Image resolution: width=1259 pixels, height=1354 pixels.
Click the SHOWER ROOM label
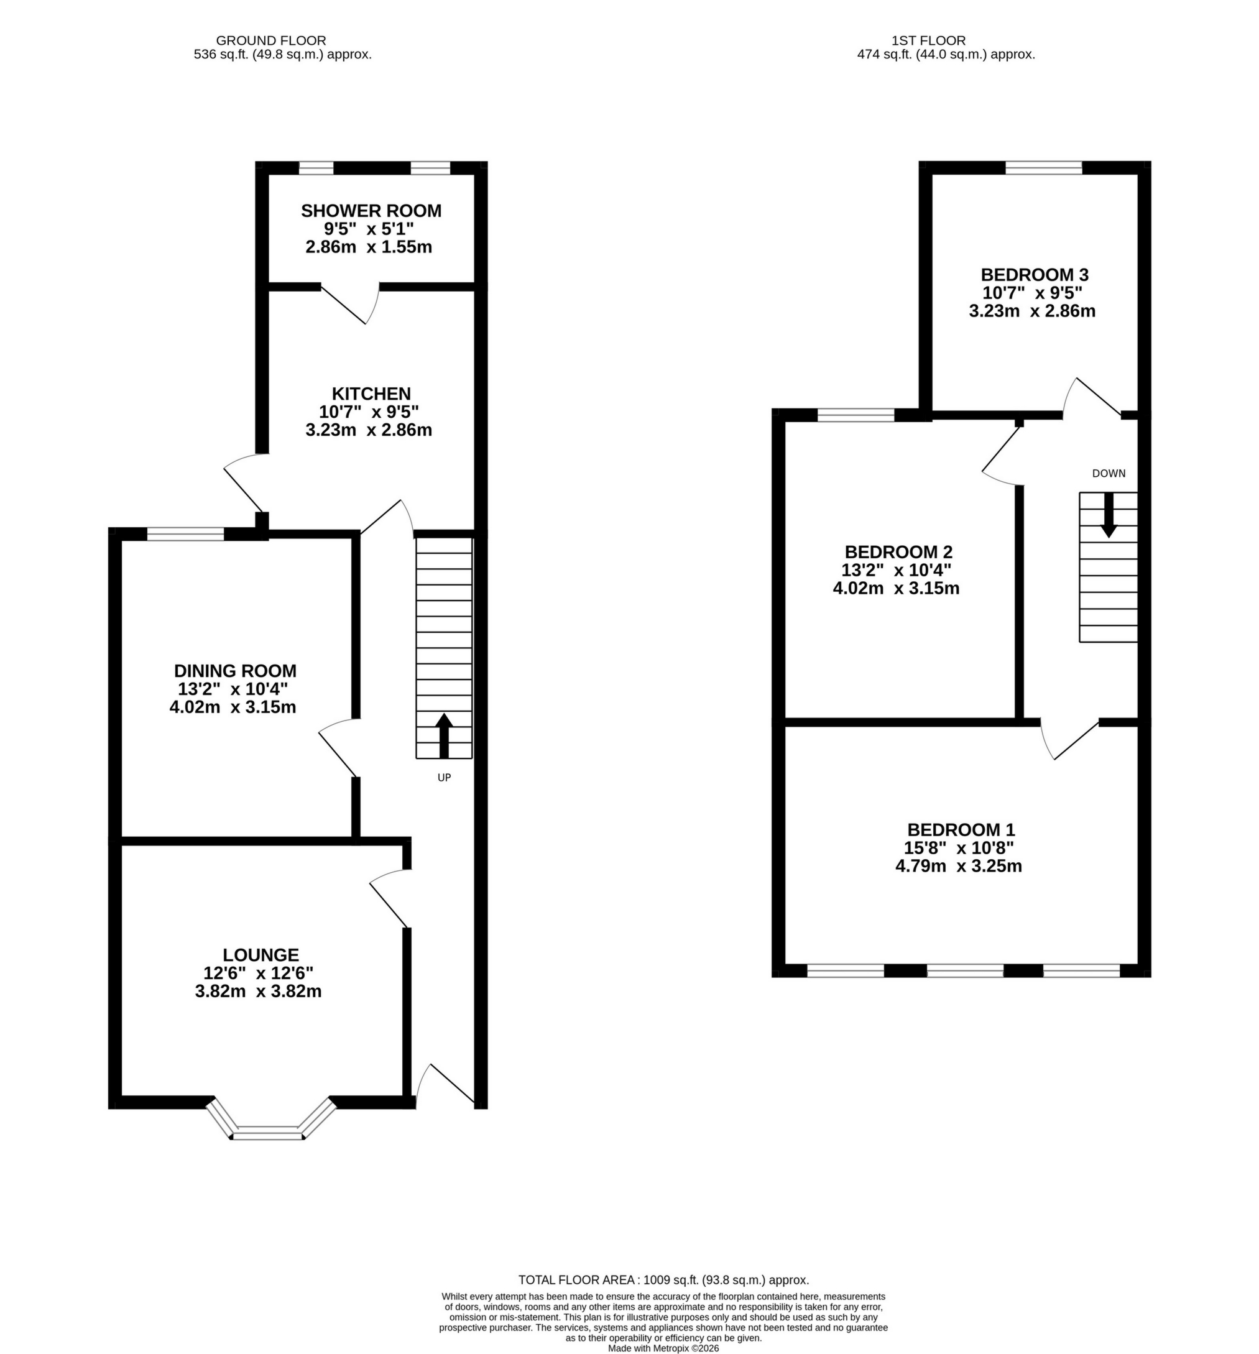coord(371,211)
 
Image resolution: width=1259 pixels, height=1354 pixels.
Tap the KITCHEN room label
coord(371,394)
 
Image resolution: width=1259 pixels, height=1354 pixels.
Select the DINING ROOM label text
coord(235,671)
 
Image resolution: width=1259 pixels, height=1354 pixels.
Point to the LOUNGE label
coord(261,955)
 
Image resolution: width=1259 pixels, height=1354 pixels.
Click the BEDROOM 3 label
coord(1034,275)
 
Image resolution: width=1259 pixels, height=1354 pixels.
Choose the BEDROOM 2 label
coord(898,551)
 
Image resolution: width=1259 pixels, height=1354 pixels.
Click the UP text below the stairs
coord(443,777)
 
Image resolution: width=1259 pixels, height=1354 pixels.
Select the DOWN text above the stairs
coord(1109,473)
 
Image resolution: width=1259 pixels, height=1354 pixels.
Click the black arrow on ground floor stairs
coord(443,735)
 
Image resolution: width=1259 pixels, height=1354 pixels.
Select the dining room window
coord(185,534)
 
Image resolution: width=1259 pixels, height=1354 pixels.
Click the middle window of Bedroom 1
coord(965,970)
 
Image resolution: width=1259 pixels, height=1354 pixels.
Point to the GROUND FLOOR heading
coord(270,41)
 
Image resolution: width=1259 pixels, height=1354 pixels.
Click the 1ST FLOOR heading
coord(946,41)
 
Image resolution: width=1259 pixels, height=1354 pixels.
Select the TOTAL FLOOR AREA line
coord(663,1280)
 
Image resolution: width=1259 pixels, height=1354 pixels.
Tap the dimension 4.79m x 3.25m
coord(958,867)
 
